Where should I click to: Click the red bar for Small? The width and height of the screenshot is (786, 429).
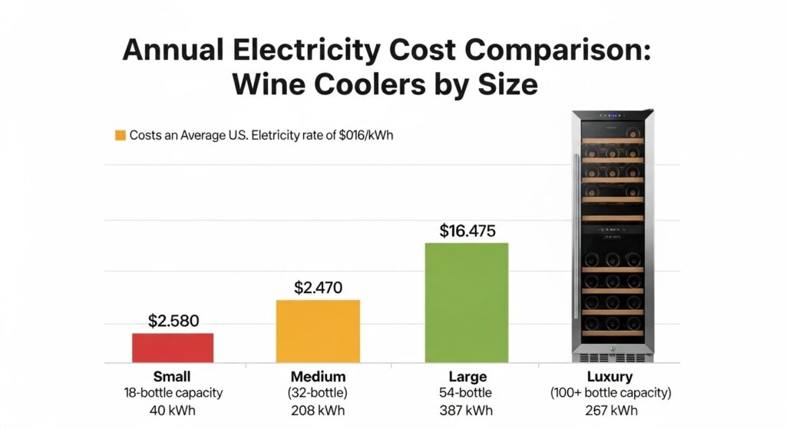pos(173,347)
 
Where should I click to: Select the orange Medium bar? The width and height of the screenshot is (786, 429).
pos(318,330)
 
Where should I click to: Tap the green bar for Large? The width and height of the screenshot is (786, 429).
pos(467,302)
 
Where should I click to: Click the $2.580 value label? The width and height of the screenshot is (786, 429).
pos(173,321)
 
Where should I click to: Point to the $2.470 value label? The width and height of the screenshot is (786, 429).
pos(318,288)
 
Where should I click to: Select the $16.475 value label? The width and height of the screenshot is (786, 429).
pos(467,230)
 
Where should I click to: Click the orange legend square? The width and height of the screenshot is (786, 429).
pos(120,136)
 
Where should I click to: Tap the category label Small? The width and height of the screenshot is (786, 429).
pos(173,377)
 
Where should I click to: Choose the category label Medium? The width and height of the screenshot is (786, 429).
pos(318,377)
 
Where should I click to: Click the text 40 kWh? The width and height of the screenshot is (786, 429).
pos(173,411)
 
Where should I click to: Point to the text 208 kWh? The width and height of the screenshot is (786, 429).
pos(318,411)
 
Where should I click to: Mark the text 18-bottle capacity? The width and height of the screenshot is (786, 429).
pos(173,393)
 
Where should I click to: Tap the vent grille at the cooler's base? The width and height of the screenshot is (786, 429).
pos(612,357)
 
